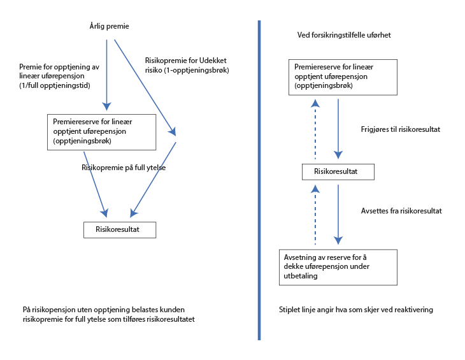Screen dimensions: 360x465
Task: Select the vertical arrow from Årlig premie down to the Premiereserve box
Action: (x=106, y=73)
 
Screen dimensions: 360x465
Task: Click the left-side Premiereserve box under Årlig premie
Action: (x=102, y=132)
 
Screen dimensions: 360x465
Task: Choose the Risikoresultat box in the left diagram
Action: (x=120, y=229)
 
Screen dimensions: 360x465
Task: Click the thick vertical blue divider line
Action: (x=259, y=178)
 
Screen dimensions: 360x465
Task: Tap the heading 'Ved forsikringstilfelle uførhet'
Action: (x=344, y=35)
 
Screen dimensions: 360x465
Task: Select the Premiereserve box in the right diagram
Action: (x=343, y=76)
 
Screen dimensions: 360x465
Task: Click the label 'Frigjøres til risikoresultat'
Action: (x=400, y=129)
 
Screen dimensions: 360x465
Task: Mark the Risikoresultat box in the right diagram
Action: (x=338, y=172)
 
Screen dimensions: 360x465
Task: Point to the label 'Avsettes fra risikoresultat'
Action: (x=401, y=210)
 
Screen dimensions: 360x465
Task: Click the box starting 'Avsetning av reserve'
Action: (x=338, y=266)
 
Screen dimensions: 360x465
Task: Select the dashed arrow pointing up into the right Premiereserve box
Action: (x=314, y=127)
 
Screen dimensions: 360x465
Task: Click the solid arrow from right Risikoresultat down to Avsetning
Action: (x=338, y=213)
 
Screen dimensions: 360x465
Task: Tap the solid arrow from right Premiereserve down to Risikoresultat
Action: (x=338, y=127)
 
